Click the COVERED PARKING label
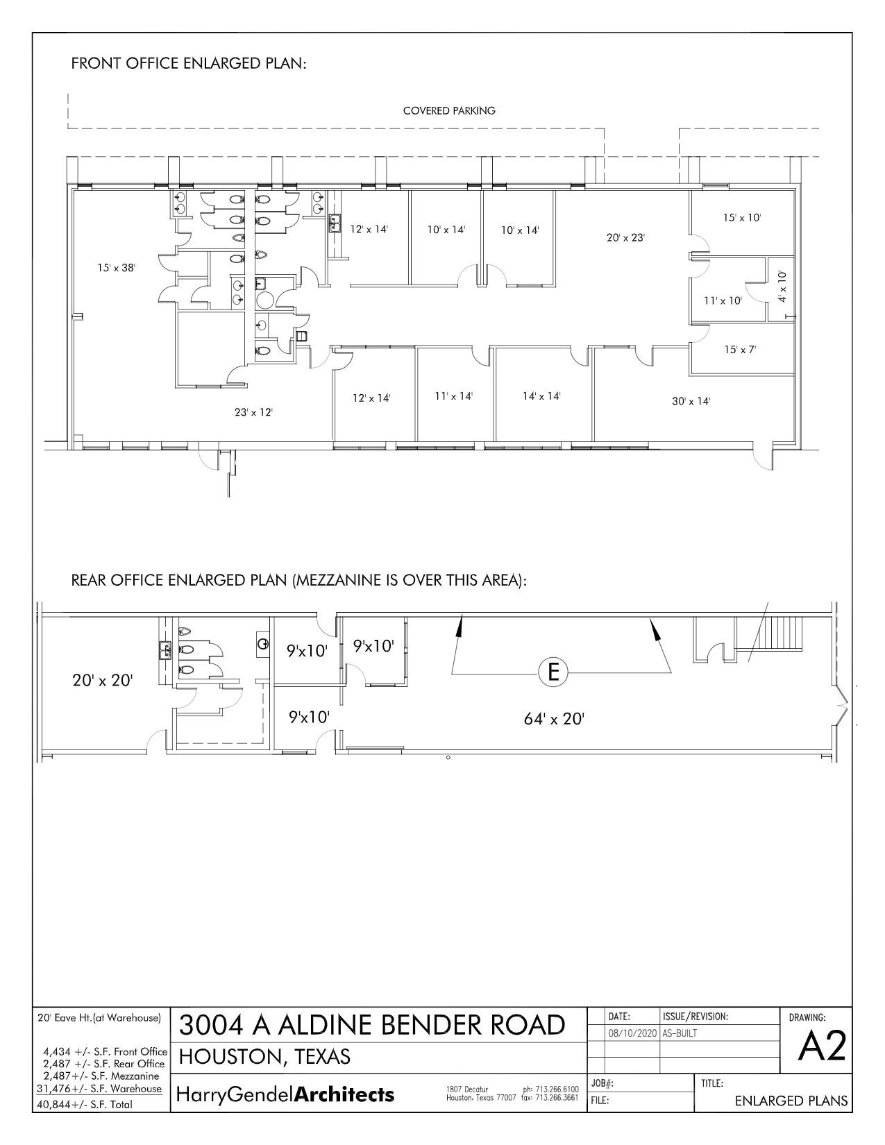point(449,110)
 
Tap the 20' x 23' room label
point(625,237)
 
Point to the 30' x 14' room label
point(691,400)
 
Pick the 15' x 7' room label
point(740,350)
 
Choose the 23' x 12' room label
point(253,412)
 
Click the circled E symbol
point(553,672)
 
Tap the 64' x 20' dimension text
point(554,719)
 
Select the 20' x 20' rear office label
point(102,680)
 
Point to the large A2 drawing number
point(822,1047)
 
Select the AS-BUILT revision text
point(680,1033)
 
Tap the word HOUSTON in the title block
point(232,1057)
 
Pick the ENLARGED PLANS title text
point(791,1101)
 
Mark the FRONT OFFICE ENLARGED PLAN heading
point(189,64)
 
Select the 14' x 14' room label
point(541,396)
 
